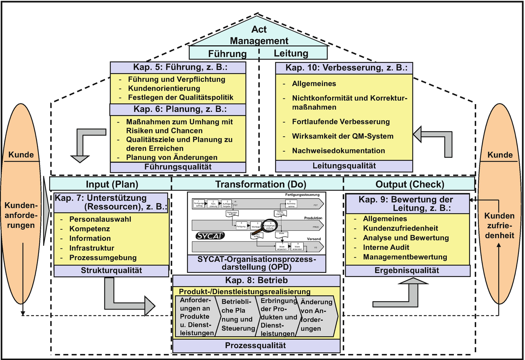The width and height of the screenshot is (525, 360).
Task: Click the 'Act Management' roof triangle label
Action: point(259,35)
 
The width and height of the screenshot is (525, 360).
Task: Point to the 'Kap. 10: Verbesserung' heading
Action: point(346,68)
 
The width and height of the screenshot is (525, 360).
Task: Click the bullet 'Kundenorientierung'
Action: point(164,88)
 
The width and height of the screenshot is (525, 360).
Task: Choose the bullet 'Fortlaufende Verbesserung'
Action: point(341,122)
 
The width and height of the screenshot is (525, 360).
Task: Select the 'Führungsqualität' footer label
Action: point(178,167)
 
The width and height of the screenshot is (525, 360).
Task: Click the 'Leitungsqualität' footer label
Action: point(344,166)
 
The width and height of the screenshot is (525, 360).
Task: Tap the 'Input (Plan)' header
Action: point(112,184)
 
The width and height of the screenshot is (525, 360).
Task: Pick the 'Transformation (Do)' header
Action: point(261,184)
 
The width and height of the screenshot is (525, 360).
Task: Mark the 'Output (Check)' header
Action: point(410,184)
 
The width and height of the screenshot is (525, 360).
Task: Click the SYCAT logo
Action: point(210,236)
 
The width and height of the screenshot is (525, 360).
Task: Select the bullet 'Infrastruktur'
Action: point(92,248)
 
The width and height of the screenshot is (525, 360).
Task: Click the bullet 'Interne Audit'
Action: point(386,247)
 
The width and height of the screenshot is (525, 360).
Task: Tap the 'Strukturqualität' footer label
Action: point(111,270)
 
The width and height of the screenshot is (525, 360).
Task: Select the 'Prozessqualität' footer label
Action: point(255,345)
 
